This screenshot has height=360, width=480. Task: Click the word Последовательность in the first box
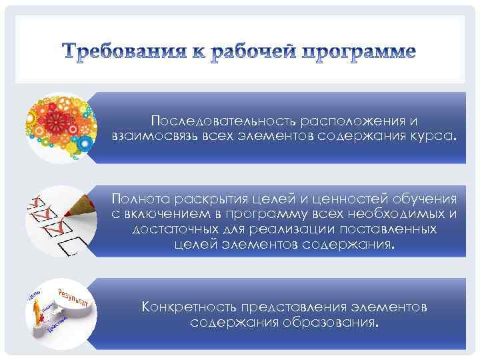coord(223,121)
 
